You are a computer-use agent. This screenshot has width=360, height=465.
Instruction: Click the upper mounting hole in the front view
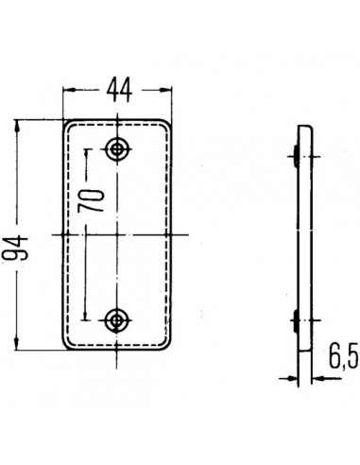point(118,148)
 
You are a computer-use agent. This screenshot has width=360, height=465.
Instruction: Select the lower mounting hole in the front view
point(118,319)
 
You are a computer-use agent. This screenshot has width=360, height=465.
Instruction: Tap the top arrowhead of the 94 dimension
point(18,125)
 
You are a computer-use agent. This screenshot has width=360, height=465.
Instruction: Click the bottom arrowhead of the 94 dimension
point(18,344)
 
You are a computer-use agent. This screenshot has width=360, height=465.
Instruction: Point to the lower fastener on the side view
point(297,323)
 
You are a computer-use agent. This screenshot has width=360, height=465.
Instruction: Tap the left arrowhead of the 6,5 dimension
point(294,379)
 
